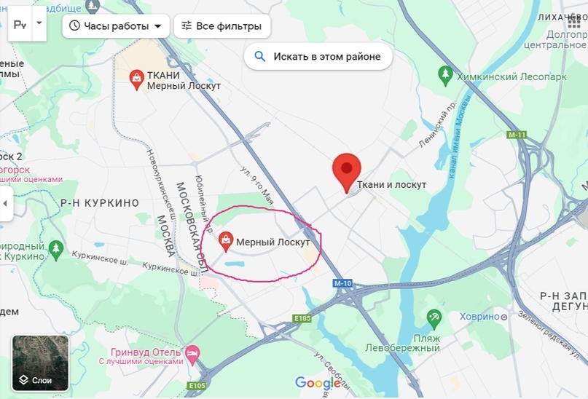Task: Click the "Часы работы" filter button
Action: pos(116,26)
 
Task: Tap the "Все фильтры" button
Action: pos(222,26)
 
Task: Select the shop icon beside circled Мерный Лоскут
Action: pos(226,239)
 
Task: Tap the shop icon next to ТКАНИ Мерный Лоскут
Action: pos(136,79)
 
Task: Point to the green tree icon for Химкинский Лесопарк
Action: pos(444,74)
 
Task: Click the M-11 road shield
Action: pos(517,135)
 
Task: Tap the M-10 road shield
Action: pos(342,283)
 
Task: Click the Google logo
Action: pos(318,383)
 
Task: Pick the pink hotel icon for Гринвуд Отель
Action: pos(192,353)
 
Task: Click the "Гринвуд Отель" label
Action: pos(146,349)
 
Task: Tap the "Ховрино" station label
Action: pos(479,317)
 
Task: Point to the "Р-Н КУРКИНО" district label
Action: pos(99,203)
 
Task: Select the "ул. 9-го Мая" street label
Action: pos(257,185)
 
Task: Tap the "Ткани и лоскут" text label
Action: pos(392,184)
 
